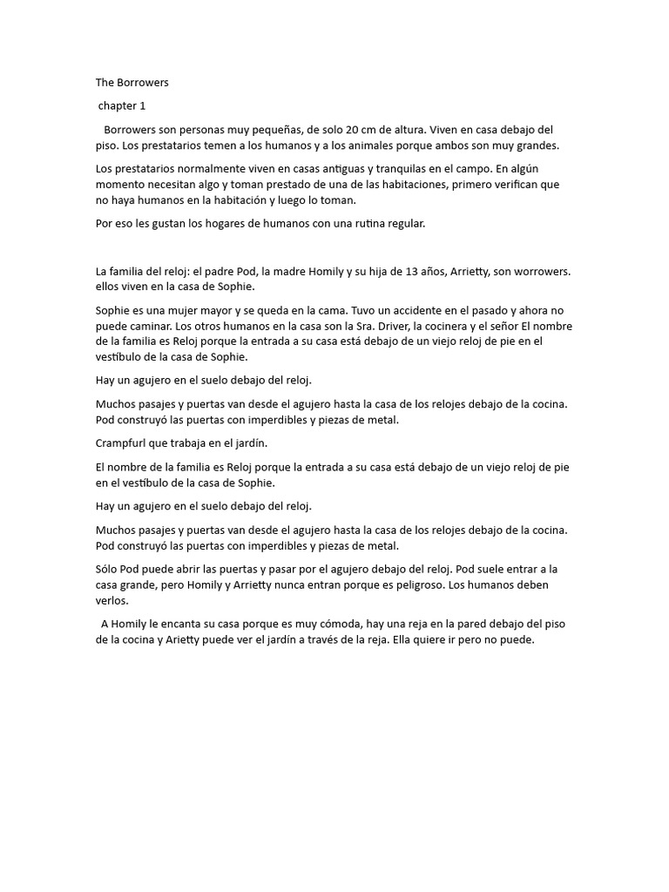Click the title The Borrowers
coord(132,83)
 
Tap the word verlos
coord(113,600)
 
